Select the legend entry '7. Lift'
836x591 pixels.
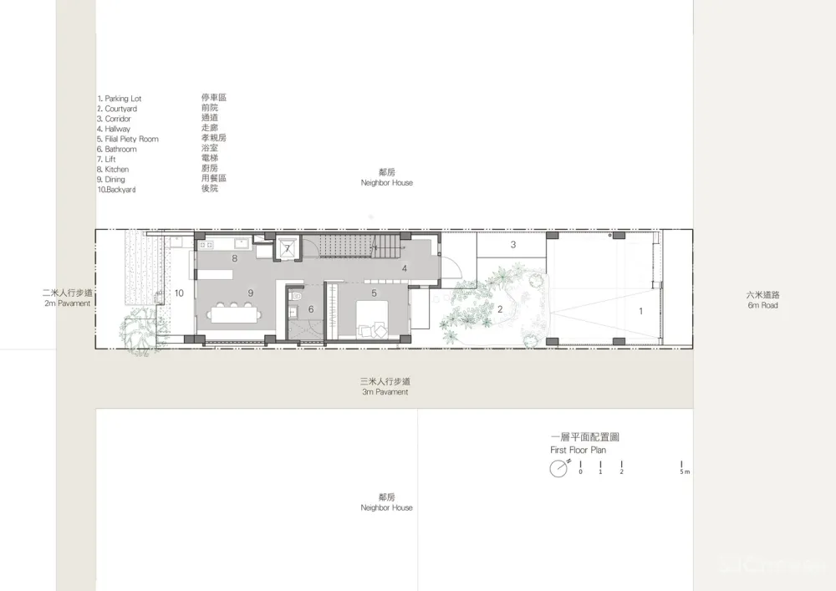[113, 160]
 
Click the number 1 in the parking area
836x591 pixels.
[641, 311]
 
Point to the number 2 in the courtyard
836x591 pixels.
[500, 309]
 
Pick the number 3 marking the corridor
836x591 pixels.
[513, 245]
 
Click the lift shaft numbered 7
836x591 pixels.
[287, 248]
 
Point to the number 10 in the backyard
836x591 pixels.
[179, 293]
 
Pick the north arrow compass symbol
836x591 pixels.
[558, 469]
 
